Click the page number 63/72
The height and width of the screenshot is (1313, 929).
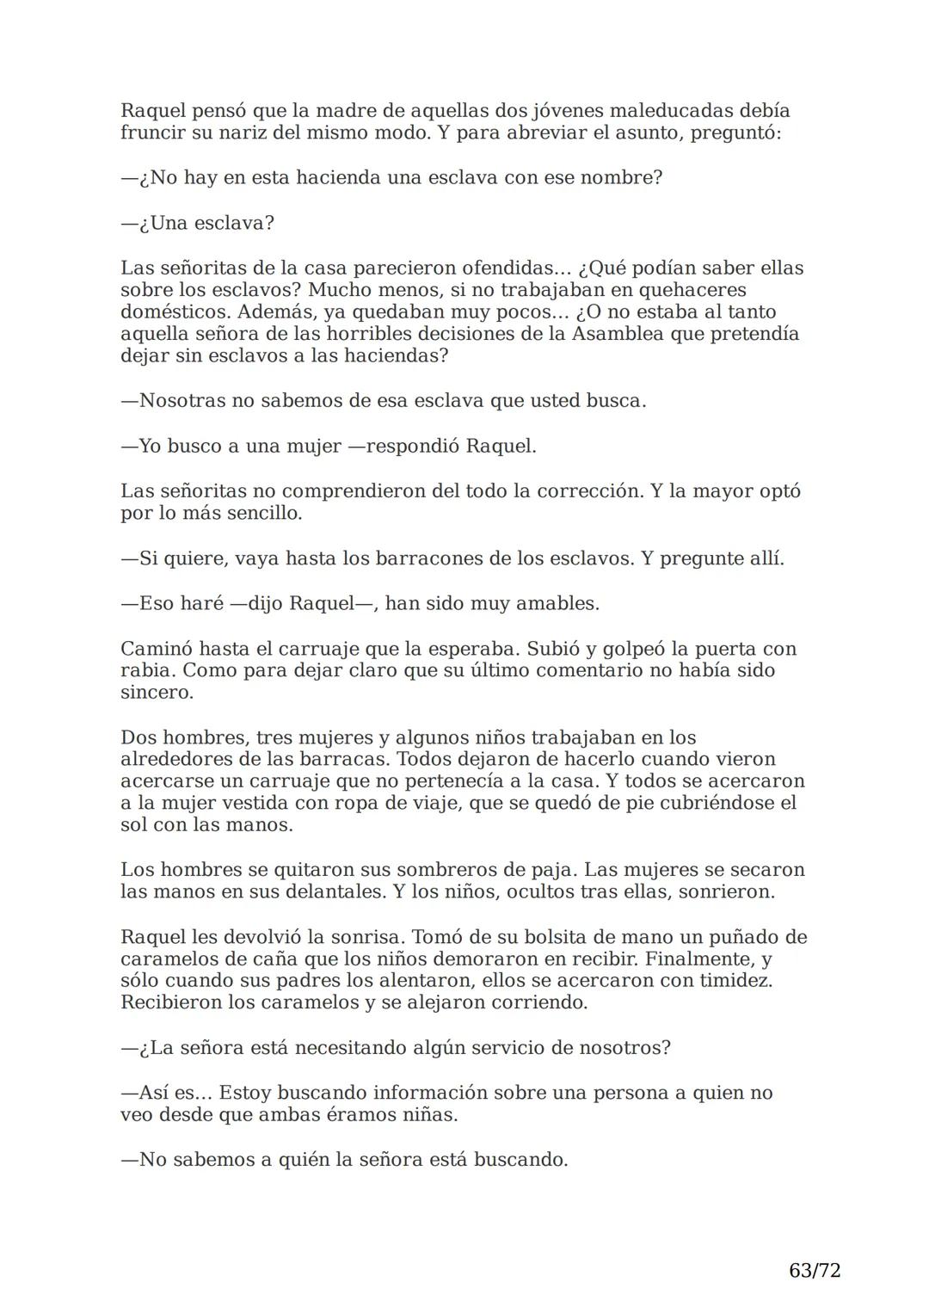814,1270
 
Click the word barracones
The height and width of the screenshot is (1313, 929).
428,558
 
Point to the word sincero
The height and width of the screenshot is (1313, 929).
157,693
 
